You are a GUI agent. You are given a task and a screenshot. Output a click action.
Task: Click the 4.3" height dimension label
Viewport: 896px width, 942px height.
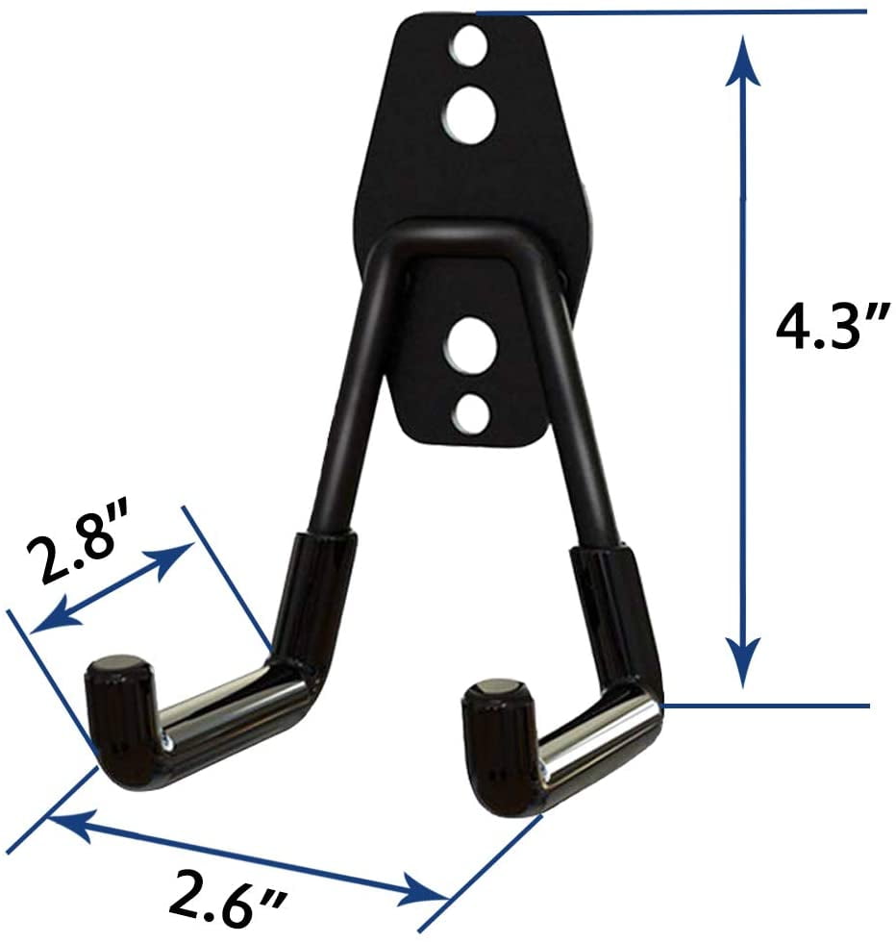click(831, 328)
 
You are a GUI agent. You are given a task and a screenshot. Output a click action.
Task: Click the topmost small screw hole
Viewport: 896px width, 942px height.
click(469, 46)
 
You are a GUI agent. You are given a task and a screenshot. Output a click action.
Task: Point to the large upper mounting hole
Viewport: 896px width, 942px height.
click(470, 116)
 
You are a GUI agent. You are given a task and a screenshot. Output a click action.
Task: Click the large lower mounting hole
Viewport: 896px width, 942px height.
click(470, 347)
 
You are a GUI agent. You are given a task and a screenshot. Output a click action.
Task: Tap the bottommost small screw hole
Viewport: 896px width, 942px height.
click(470, 412)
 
